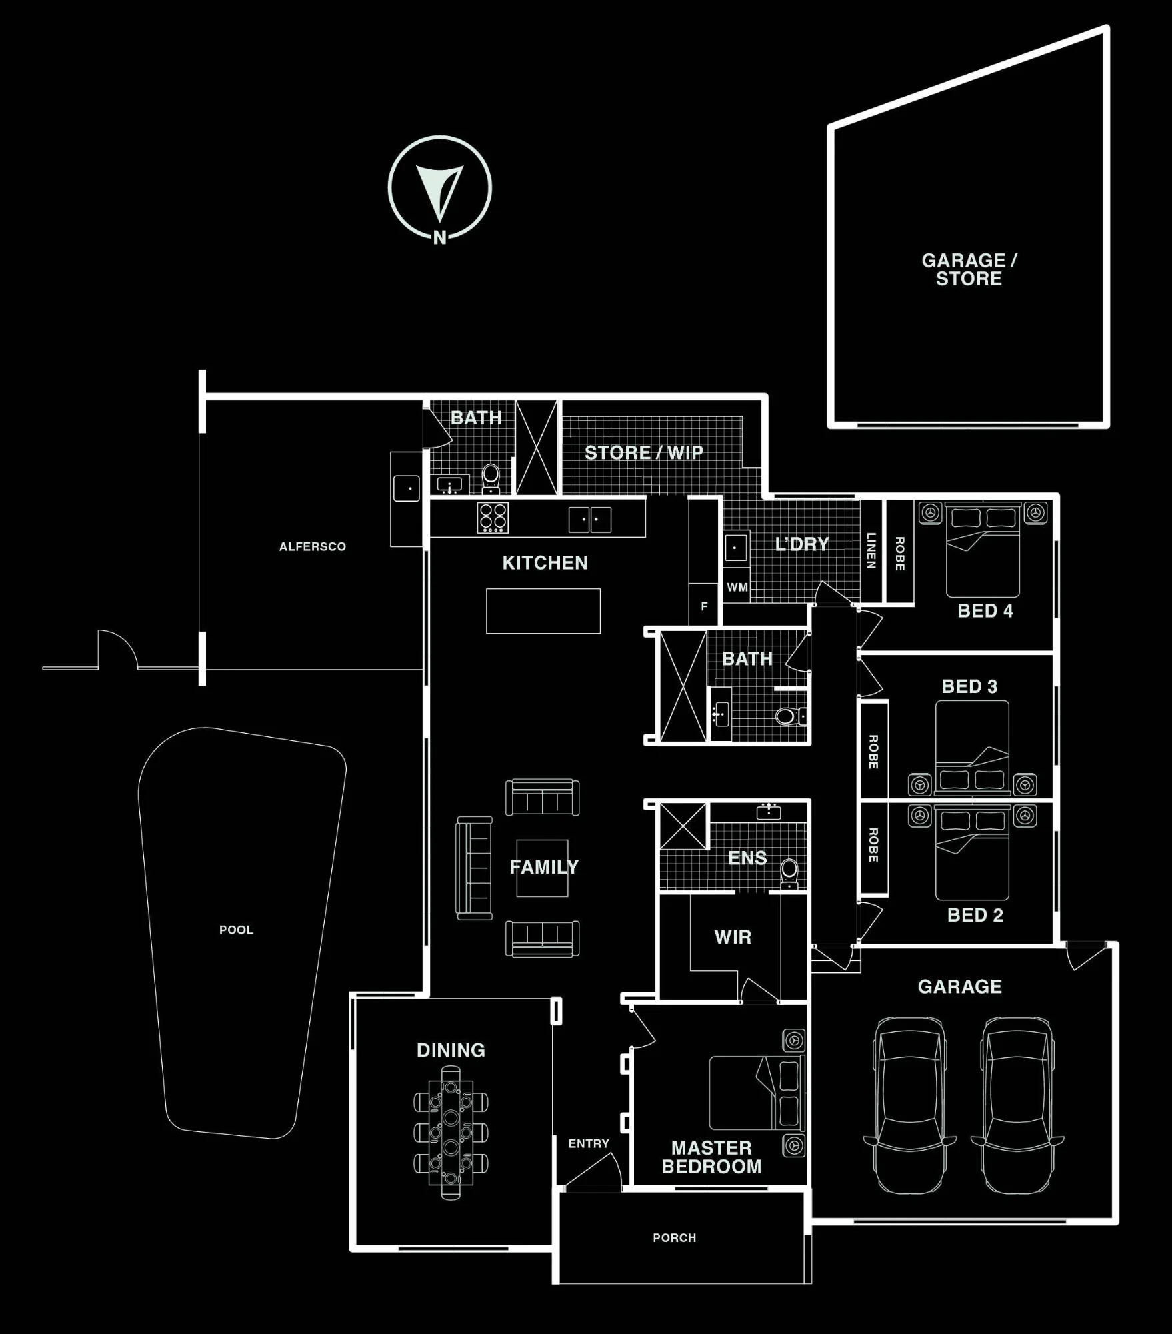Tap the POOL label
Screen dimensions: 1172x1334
[x=236, y=930]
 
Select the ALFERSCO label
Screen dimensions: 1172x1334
[x=312, y=546]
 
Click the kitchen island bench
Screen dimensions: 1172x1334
[x=543, y=611]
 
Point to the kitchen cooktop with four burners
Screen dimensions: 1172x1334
[x=493, y=518]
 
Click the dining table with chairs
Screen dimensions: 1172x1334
[x=451, y=1133]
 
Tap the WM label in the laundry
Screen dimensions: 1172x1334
[x=737, y=588]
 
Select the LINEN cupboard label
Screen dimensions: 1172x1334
[x=871, y=550]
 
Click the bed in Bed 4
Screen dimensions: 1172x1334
[x=983, y=550]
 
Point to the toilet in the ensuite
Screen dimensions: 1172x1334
[x=789, y=874]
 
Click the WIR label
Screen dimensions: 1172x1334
[x=733, y=937]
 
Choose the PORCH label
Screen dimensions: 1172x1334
[x=674, y=1238]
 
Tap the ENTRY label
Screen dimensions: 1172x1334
[x=589, y=1143]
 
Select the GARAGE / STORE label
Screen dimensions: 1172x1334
[x=969, y=269]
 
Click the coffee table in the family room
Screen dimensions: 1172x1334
[x=543, y=868]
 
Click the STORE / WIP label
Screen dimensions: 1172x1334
[x=644, y=452]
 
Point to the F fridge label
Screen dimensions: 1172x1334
[x=704, y=606]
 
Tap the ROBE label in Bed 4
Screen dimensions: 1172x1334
[x=899, y=554]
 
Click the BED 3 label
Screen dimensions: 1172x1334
[x=969, y=686]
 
